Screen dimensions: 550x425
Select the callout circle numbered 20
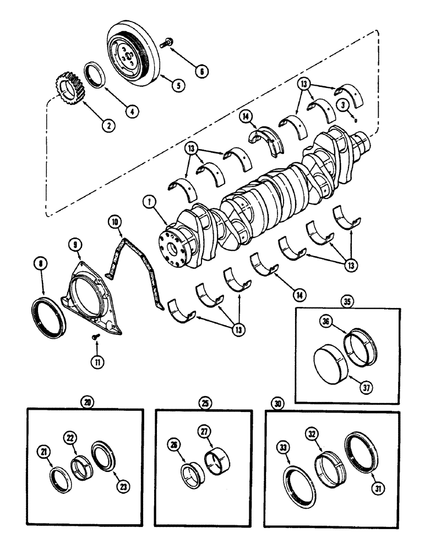87,402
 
